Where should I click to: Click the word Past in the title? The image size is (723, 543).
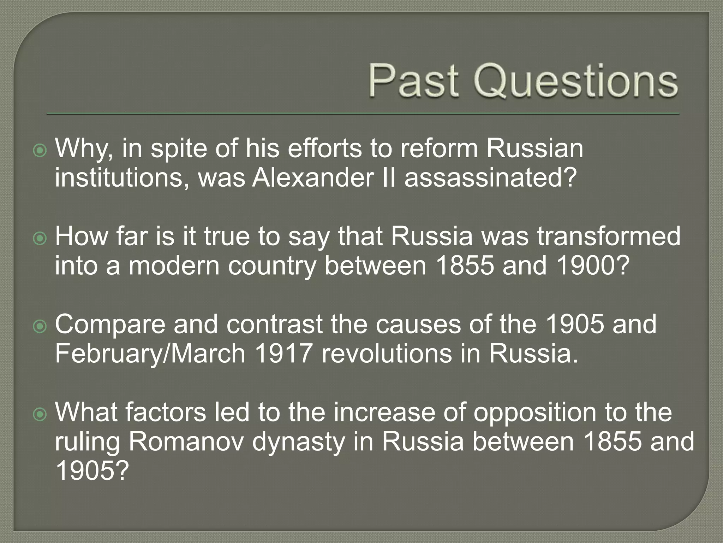pos(413,81)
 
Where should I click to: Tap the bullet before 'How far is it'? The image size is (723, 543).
pos(40,239)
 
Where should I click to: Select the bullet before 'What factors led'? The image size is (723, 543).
pos(40,415)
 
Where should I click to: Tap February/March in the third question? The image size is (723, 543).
pos(150,354)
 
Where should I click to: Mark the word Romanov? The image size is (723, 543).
pos(186,442)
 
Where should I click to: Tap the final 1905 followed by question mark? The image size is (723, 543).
pos(90,471)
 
